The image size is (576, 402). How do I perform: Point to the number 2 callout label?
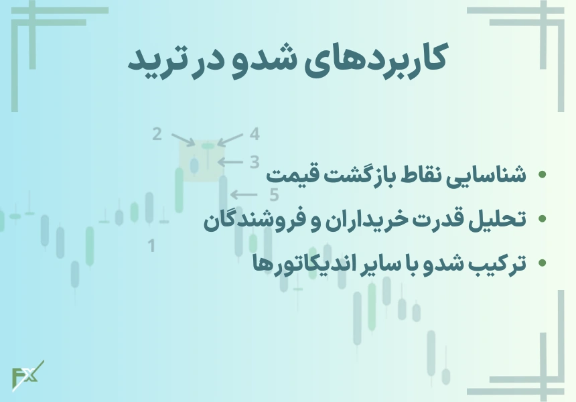(x=157, y=134)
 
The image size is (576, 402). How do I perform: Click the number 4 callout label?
(x=255, y=134)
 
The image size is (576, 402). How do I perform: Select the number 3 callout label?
(x=254, y=161)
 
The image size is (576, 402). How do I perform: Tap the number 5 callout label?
(x=273, y=195)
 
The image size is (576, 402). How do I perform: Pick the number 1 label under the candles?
(x=151, y=246)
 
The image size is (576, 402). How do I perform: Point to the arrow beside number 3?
(x=232, y=161)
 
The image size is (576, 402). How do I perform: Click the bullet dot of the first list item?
(x=542, y=176)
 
